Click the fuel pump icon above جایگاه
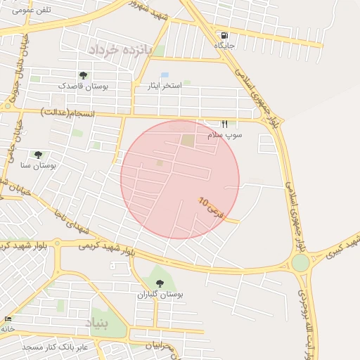coord(224,36)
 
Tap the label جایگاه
coord(224,45)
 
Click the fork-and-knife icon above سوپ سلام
coord(225,123)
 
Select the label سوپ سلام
coord(225,134)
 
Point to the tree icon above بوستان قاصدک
coord(84,75)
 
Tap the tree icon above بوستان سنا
coord(38,155)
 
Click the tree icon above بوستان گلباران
coord(160,283)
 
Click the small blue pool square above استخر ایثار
coord(165,75)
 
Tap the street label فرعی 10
coord(210,210)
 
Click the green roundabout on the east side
coord(300,263)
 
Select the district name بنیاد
coord(98,322)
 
